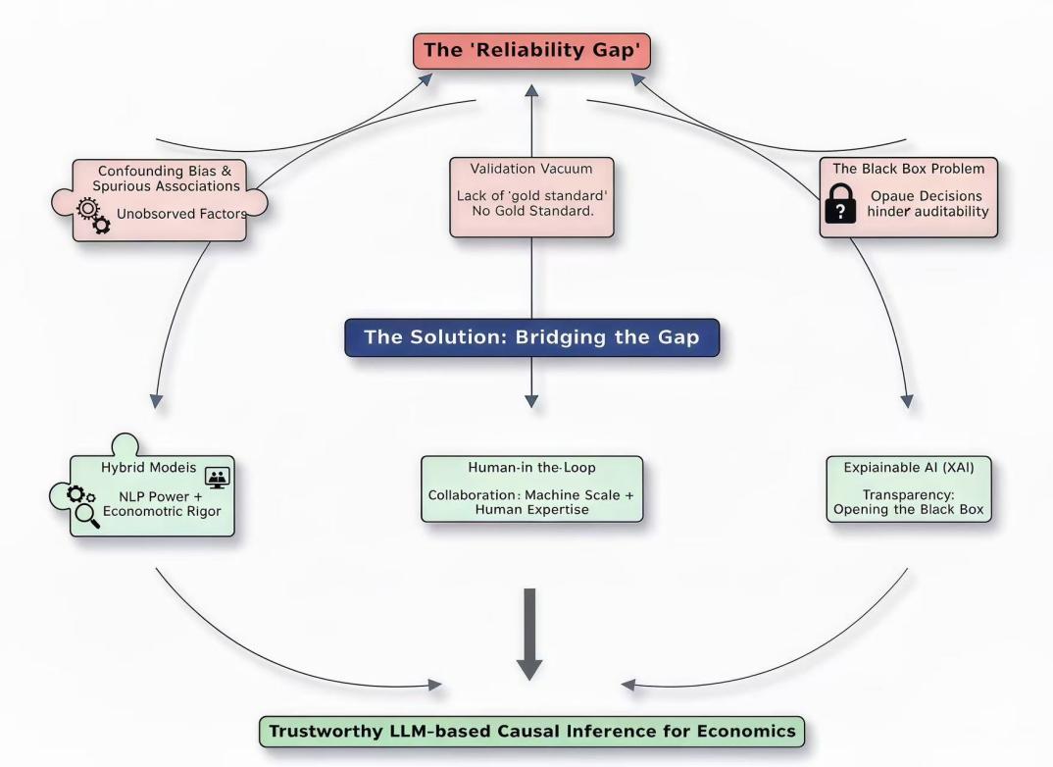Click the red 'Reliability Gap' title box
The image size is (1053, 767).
click(530, 51)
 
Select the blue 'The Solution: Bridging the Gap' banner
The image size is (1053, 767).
click(530, 337)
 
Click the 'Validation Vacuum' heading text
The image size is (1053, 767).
click(531, 169)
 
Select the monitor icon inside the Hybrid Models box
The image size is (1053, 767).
click(217, 478)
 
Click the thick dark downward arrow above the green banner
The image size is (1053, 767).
click(529, 635)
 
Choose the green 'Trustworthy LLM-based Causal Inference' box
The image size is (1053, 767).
click(532, 732)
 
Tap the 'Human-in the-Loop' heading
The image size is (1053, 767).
click(531, 468)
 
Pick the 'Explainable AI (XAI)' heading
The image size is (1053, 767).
click(909, 468)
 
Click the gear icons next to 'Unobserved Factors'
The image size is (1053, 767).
click(91, 216)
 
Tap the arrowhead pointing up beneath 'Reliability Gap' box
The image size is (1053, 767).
click(530, 91)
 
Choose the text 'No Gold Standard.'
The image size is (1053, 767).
click(531, 211)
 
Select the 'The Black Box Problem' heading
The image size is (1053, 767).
click(908, 169)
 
